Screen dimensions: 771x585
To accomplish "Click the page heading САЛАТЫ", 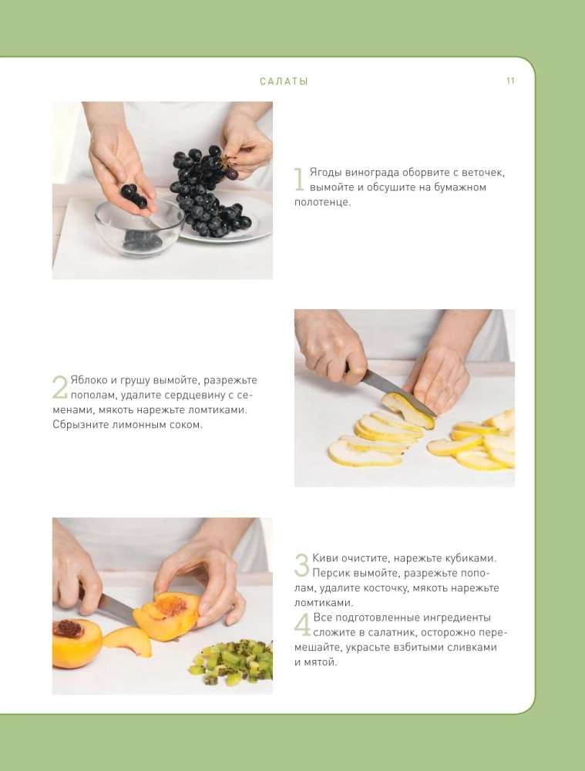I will click(284, 81).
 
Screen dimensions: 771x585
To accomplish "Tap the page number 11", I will click(510, 81).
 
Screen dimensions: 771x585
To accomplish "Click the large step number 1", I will click(300, 180).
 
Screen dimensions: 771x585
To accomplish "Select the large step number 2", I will click(59, 387).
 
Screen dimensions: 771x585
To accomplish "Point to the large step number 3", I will click(302, 565).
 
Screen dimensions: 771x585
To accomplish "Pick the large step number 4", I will click(302, 625).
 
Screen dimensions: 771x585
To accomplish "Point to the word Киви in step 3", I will click(325, 557).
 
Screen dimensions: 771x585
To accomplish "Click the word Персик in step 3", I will click(331, 573).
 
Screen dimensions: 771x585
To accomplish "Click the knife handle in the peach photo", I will click(81, 594).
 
